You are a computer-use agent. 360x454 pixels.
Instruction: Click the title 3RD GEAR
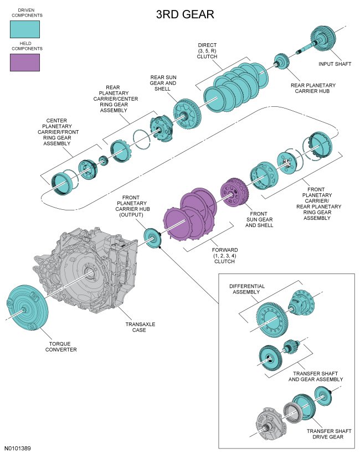[x=185, y=15]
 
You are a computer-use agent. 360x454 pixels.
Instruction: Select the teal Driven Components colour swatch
[x=25, y=28]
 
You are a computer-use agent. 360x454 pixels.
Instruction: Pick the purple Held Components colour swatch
[x=25, y=62]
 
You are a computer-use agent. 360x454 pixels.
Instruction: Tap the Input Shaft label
[x=335, y=64]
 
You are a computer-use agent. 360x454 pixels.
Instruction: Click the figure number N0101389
[x=17, y=447]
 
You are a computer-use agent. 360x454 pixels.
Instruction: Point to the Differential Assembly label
[x=247, y=289]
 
